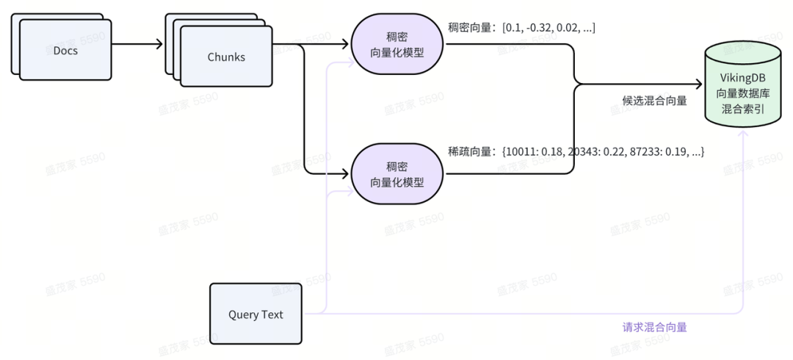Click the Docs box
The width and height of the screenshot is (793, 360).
pos(65,50)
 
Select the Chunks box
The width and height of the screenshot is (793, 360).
pos(225,57)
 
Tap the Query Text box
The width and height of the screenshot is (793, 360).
pos(256,314)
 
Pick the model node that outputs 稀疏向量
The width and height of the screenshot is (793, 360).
pos(397,173)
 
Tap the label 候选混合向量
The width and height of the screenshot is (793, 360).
pos(654,101)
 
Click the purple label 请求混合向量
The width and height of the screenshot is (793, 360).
pos(654,327)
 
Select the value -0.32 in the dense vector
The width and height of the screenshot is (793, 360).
pos(538,27)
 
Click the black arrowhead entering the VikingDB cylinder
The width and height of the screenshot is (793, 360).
pos(697,84)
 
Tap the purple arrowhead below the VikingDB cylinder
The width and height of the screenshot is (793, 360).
pos(746,134)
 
